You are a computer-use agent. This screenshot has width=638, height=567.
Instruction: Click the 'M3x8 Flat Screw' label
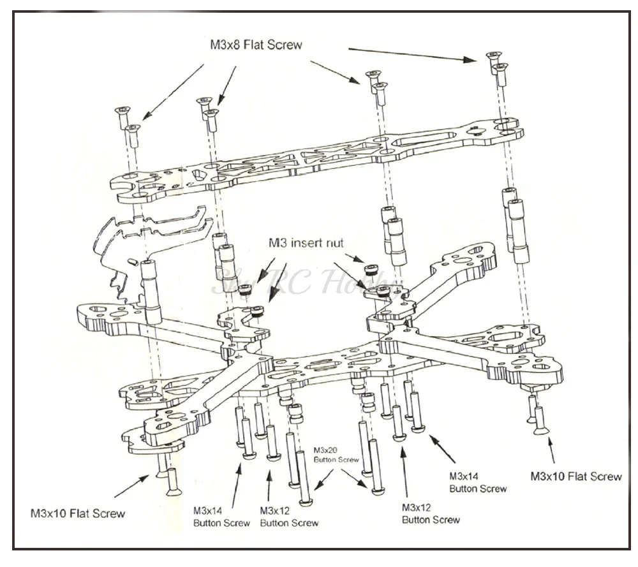click(256, 45)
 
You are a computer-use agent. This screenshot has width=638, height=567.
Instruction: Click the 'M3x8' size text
click(225, 45)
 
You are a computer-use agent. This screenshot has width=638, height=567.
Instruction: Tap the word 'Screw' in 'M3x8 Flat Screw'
click(286, 45)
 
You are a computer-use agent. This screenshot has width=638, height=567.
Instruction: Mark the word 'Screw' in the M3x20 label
click(350, 460)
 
